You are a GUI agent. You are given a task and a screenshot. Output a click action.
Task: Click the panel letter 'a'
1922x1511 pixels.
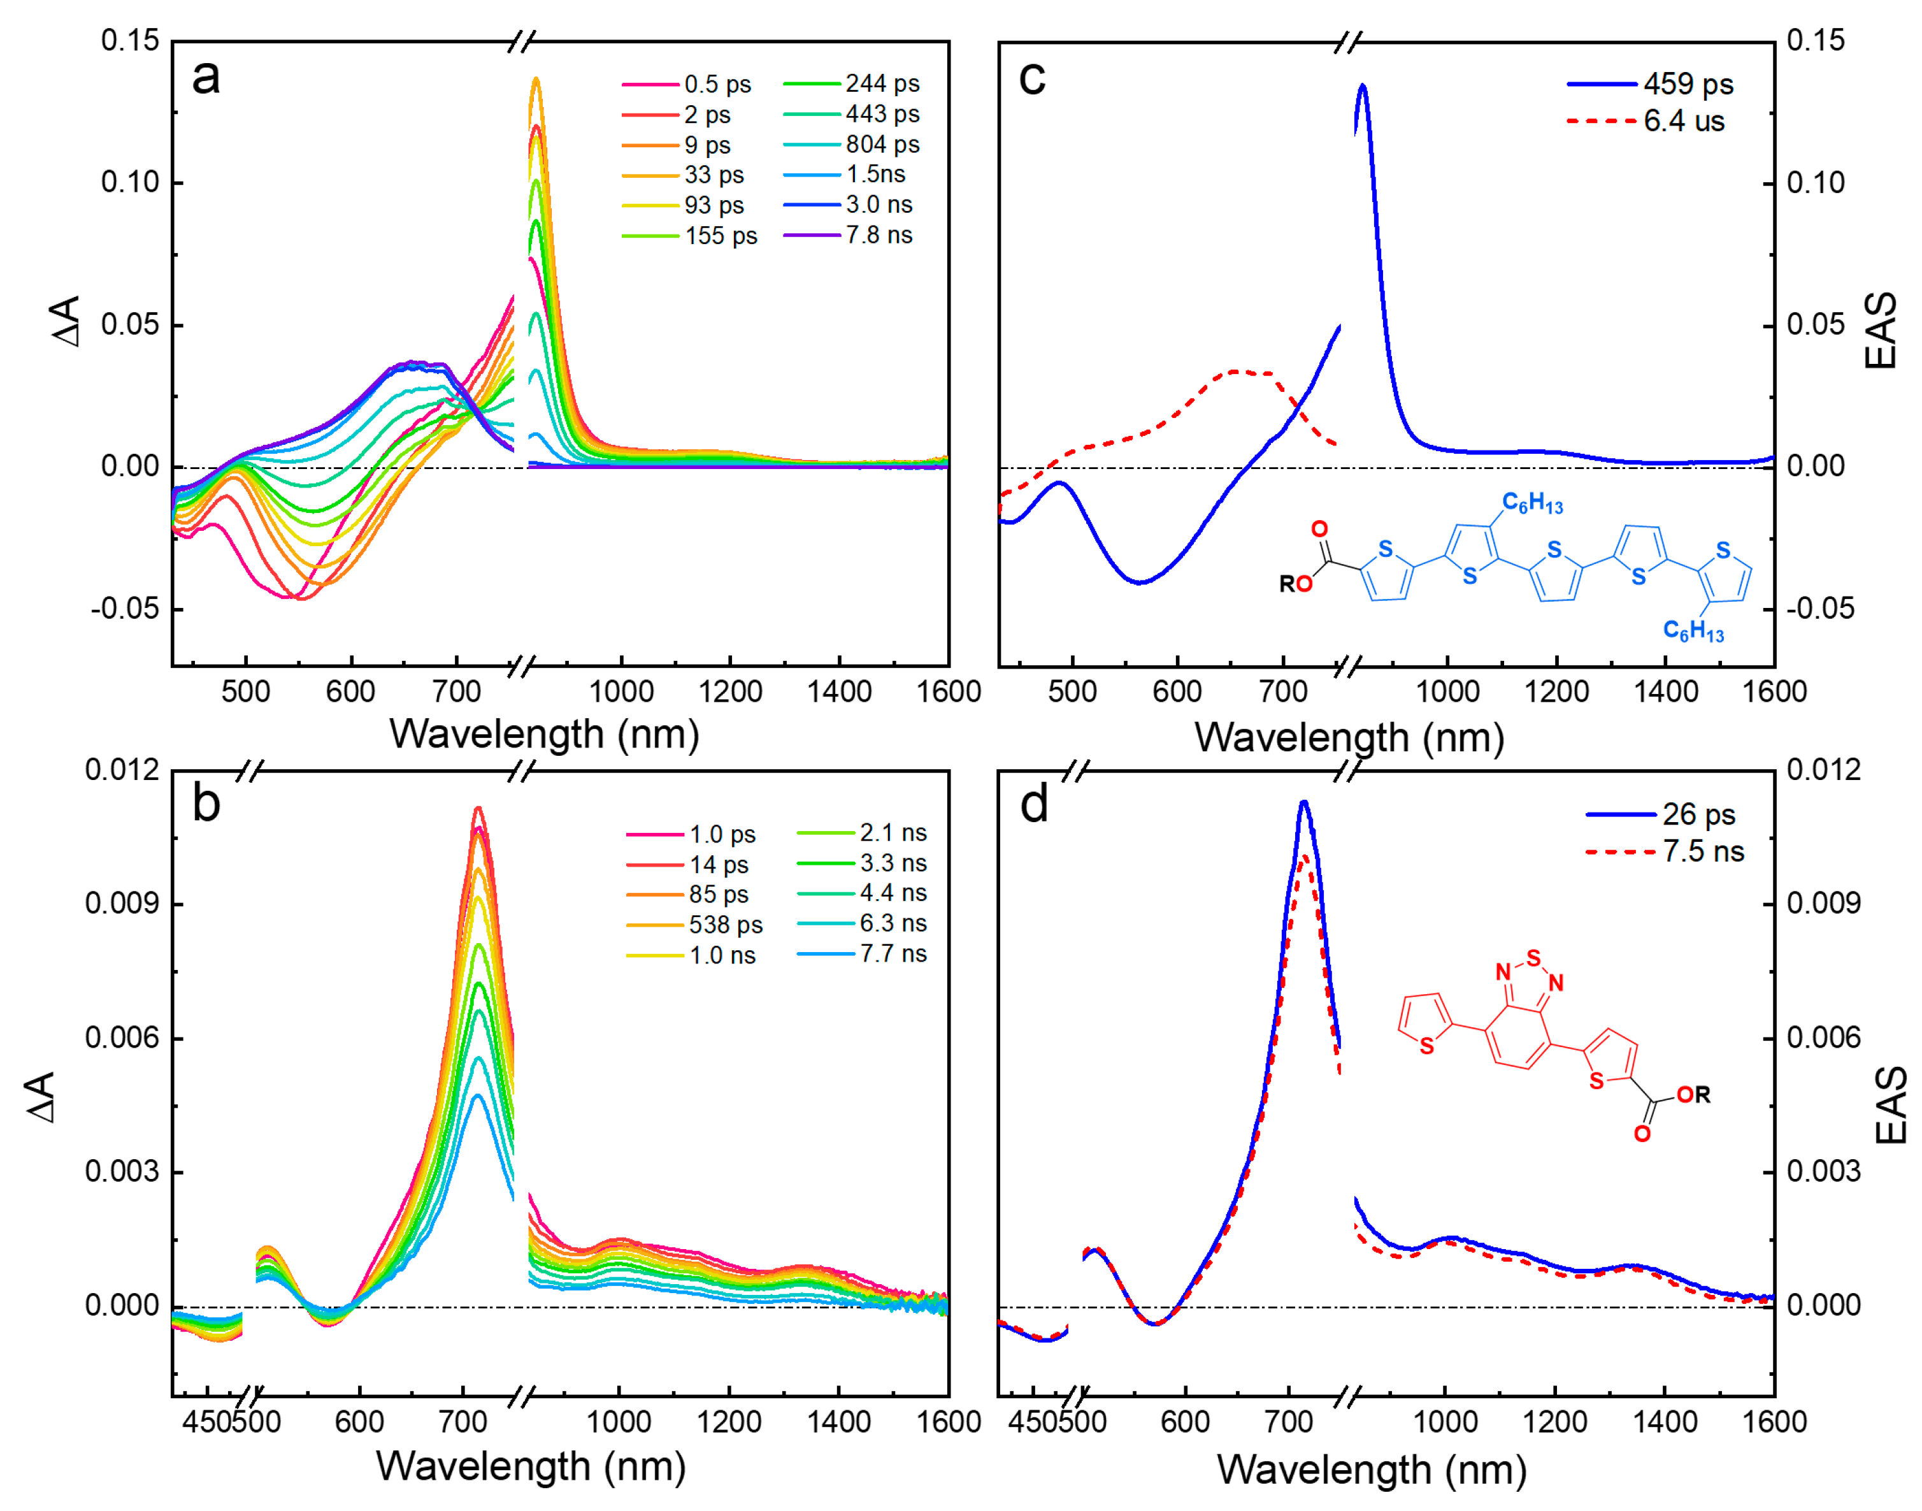coord(205,78)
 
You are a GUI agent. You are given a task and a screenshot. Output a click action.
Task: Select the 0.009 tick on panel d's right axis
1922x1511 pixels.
coord(1823,904)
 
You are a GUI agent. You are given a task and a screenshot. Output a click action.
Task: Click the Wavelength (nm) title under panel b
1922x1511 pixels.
coord(531,1467)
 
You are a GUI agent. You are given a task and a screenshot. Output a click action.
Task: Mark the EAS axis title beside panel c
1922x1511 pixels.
coord(1881,330)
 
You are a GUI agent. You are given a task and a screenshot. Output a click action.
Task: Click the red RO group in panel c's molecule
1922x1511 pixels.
coord(1296,584)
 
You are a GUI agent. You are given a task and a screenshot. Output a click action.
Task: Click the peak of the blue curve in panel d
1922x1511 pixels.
coord(1303,802)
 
